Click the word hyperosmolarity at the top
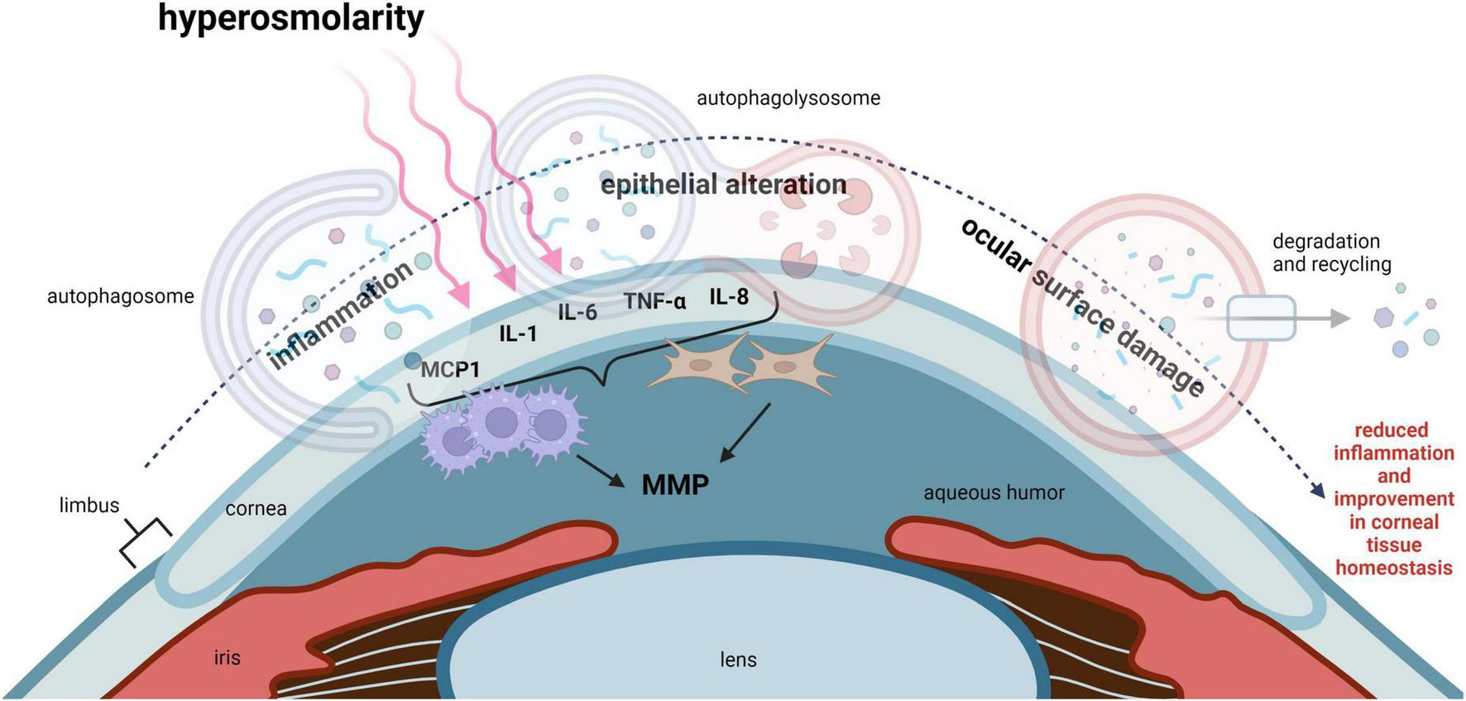click(290, 18)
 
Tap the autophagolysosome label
click(788, 98)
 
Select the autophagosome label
click(120, 296)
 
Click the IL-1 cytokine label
click(518, 334)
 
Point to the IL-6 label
click(577, 312)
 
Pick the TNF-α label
click(654, 301)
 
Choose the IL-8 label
click(728, 296)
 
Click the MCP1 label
click(449, 369)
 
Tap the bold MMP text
click(675, 484)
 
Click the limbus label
click(89, 505)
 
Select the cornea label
click(256, 508)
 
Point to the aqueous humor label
click(994, 493)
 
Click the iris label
click(227, 658)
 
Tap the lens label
click(738, 660)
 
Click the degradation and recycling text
click(1331, 252)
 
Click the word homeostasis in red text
click(1393, 568)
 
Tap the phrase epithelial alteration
click(723, 185)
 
